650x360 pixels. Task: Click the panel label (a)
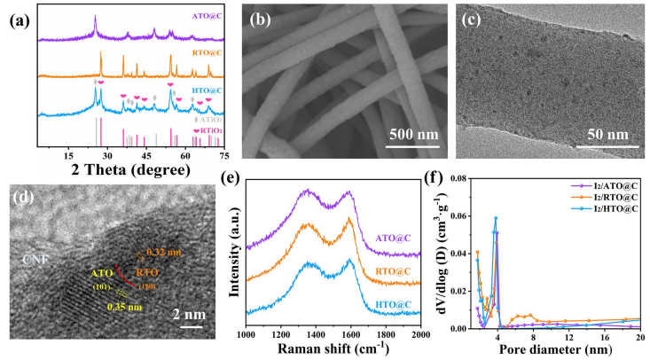(x=18, y=17)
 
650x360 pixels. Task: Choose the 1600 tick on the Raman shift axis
(x=350, y=333)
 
